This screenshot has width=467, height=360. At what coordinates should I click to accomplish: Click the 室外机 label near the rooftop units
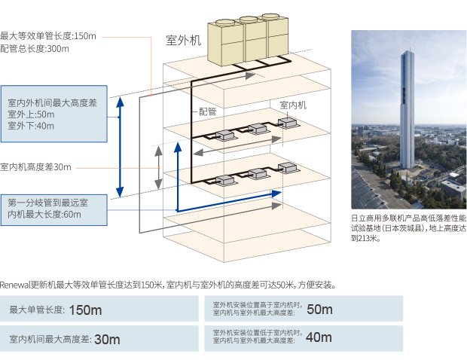183,41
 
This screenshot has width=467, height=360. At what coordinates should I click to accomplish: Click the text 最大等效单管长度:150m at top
48,35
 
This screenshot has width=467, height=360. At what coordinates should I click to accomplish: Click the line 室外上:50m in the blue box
31,114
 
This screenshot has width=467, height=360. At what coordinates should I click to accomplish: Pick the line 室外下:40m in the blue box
31,126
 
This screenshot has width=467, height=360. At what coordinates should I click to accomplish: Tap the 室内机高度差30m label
35,166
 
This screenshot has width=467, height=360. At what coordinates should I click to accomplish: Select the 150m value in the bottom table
84,310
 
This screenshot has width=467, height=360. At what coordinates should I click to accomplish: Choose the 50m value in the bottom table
319,309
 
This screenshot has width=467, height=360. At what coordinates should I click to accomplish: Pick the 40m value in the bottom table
319,337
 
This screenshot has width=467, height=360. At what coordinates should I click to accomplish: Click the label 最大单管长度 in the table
36,310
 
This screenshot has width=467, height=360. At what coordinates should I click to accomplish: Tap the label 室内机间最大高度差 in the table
47,340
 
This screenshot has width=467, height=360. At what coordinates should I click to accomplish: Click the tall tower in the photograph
407,113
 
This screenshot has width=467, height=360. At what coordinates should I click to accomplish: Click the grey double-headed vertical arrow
159,166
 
